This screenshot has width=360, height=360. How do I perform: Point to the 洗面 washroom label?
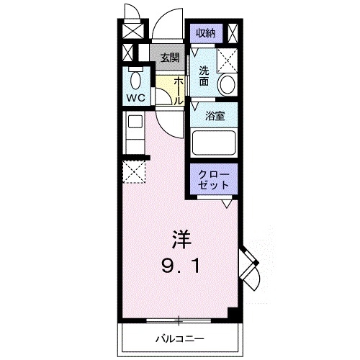204,76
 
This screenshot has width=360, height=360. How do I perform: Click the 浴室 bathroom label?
213,114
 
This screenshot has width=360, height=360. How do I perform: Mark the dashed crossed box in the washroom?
228,60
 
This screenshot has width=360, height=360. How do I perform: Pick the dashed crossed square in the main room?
133,172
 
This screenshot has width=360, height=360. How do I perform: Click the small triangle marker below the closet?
226,204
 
